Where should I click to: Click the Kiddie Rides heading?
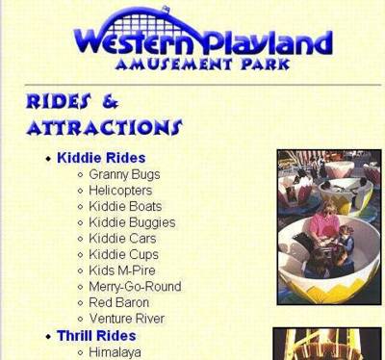pos(101,158)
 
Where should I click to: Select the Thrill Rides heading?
pos(96,336)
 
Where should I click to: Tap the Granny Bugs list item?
pos(124,175)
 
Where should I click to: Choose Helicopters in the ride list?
pos(120,191)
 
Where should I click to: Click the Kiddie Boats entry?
pos(125,206)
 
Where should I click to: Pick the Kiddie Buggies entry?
pos(132,222)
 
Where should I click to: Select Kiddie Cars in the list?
pos(122,239)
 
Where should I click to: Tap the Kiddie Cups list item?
pos(124,255)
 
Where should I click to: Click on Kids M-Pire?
pos(122,270)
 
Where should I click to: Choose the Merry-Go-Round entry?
pos(135,287)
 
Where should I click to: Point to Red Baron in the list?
pos(119,302)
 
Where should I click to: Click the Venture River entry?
pos(127,319)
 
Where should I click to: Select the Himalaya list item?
pos(115,352)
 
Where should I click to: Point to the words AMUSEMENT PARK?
pos(203,64)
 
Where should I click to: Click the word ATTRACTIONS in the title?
pos(105,127)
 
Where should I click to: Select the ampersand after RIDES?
pos(111,102)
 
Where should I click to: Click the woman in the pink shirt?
pos(324,224)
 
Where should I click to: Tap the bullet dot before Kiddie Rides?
pos(48,159)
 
